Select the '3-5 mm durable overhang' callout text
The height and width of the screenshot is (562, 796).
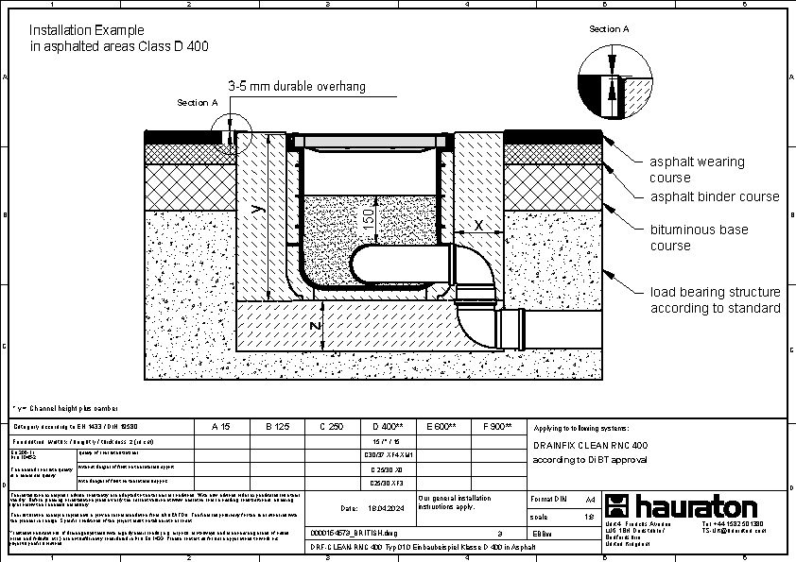click(x=297, y=86)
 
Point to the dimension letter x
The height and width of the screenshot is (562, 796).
click(x=478, y=225)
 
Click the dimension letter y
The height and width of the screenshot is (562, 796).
click(x=255, y=213)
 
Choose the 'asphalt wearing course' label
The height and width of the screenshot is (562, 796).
click(x=697, y=169)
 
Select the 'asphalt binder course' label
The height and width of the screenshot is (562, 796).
click(x=714, y=196)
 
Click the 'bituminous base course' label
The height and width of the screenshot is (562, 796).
click(x=698, y=237)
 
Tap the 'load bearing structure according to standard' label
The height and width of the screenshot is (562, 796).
click(x=714, y=300)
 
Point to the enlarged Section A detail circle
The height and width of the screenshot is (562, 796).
click(x=614, y=79)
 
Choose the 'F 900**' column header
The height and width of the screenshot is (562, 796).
click(x=496, y=427)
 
